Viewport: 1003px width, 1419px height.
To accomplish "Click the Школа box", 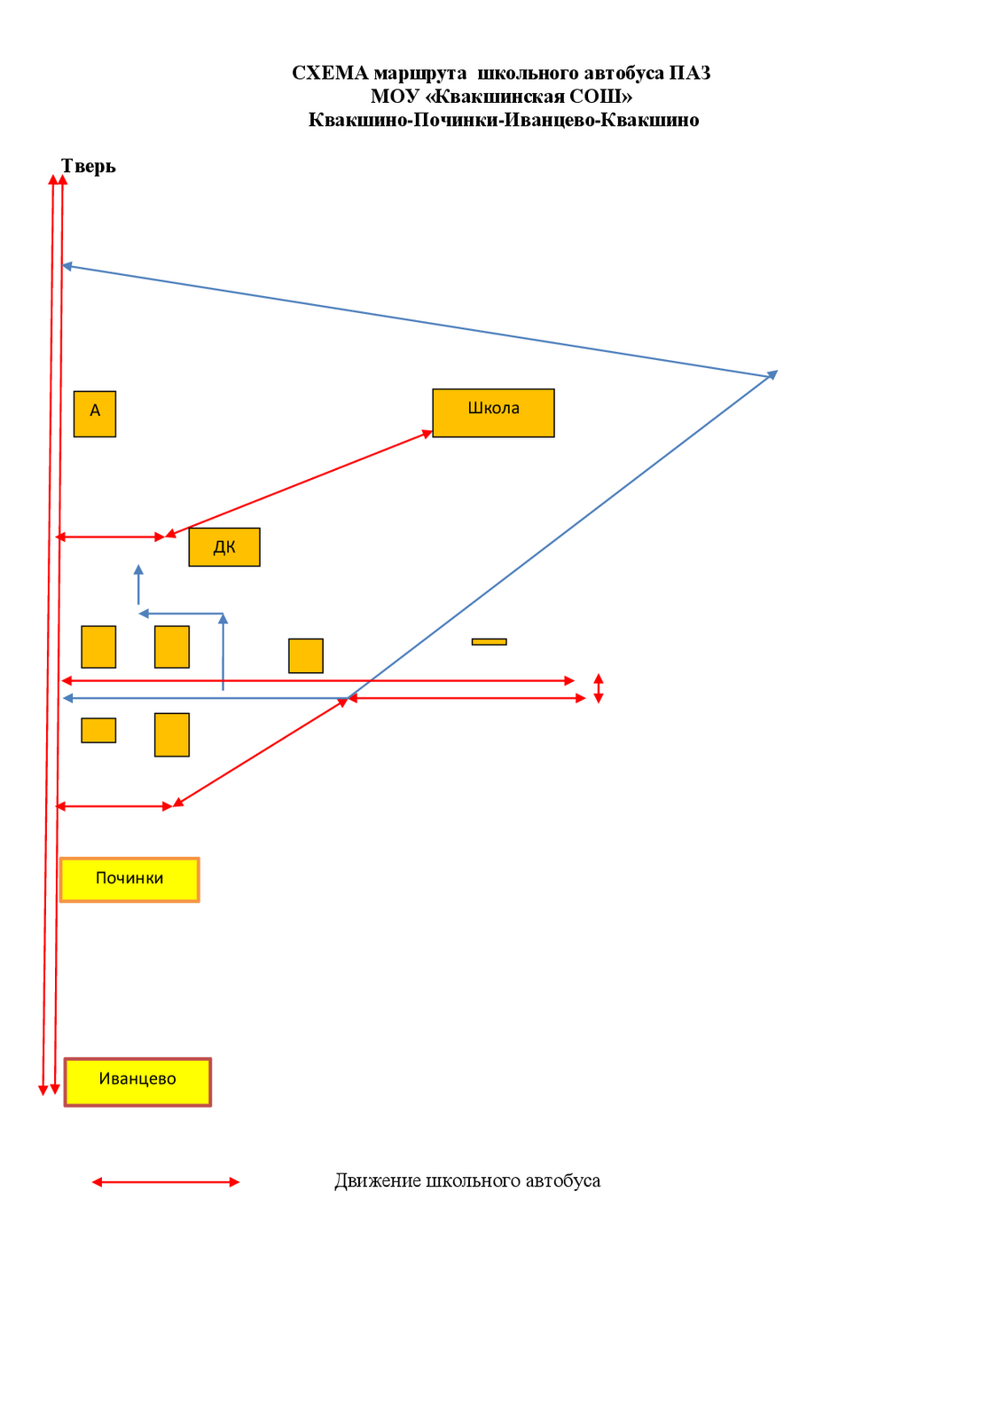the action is [x=493, y=412].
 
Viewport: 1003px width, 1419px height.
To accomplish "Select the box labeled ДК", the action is [x=224, y=546].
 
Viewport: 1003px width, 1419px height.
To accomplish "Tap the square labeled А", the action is [x=94, y=413].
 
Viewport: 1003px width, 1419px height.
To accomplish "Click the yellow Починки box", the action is [x=129, y=879].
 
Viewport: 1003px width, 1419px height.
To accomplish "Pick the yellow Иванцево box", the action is [x=137, y=1082].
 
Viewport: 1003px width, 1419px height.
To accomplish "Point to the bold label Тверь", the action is [x=88, y=166].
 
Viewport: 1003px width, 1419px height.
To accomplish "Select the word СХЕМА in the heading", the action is [x=330, y=74].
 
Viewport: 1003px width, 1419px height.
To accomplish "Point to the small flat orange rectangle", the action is [x=490, y=642].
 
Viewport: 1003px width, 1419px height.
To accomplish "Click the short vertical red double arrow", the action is [x=598, y=688].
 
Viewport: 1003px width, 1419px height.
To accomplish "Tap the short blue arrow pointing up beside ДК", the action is [x=138, y=584].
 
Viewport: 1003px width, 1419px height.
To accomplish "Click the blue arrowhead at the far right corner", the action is [x=772, y=374].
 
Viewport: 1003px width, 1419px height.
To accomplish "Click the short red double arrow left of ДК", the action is [x=110, y=537].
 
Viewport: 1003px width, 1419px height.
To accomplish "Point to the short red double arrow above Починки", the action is [x=114, y=806].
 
